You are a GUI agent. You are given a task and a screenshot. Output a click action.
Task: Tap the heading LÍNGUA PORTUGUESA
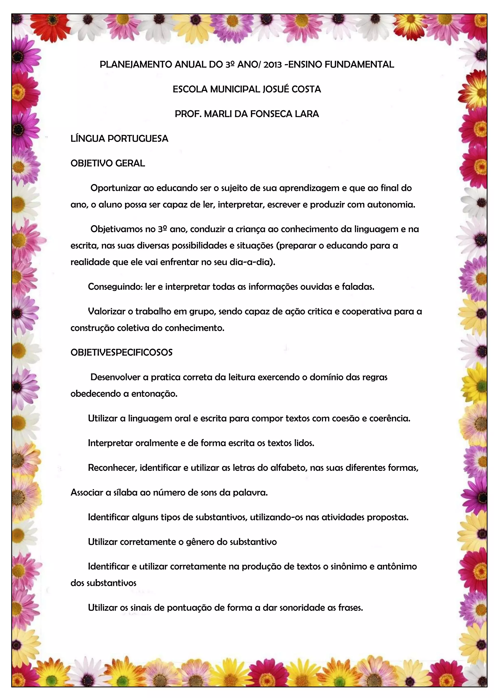click(x=119, y=139)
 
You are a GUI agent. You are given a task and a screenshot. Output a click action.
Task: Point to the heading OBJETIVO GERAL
click(x=108, y=163)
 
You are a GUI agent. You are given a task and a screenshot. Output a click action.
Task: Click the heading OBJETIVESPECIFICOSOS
click(x=121, y=352)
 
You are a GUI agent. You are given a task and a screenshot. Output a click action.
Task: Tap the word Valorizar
click(x=106, y=311)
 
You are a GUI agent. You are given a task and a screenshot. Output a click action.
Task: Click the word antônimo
click(x=397, y=566)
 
